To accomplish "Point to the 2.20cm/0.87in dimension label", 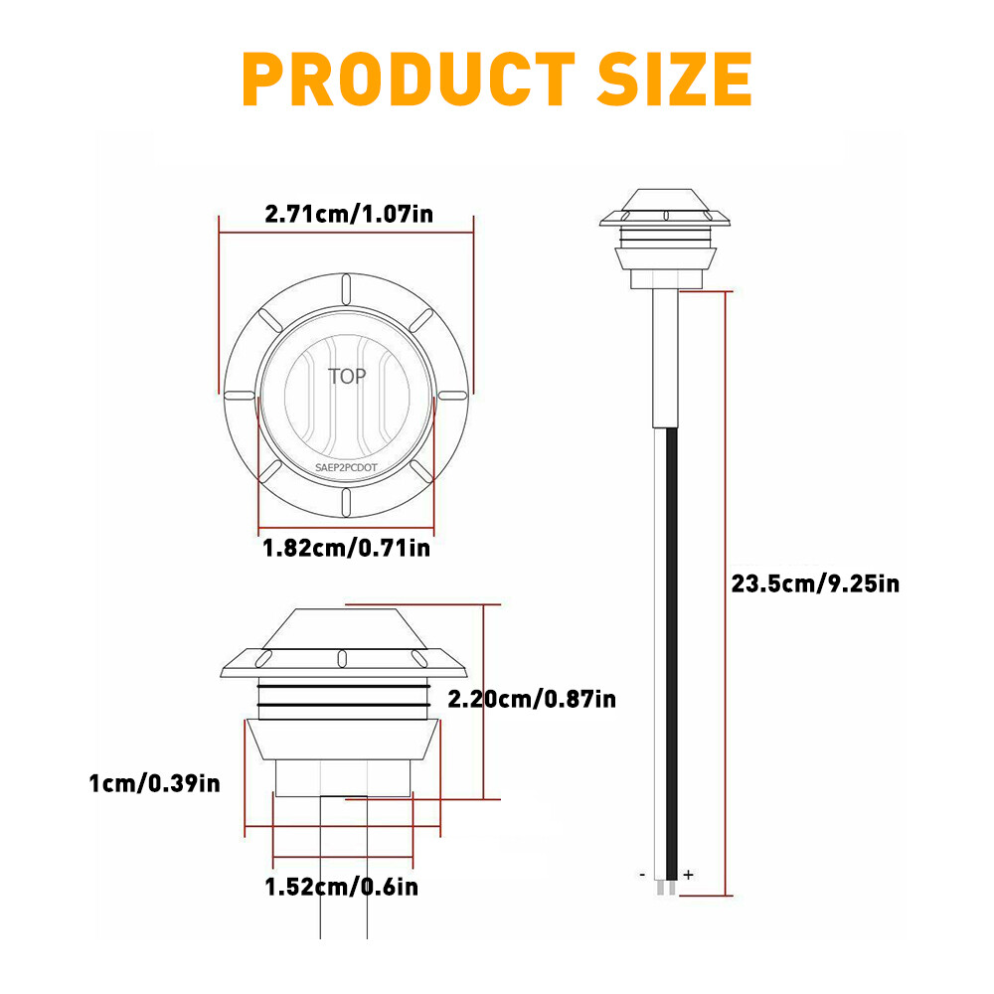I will click(x=532, y=699).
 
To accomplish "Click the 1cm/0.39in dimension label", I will click(x=154, y=783).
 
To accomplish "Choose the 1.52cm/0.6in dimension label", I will click(x=341, y=886).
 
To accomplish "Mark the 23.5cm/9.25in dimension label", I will click(x=815, y=583).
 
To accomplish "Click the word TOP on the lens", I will click(x=347, y=376).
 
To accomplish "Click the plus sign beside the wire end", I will click(x=688, y=875).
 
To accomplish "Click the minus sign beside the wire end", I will click(x=643, y=875).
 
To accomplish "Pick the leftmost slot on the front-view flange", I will click(x=239, y=396).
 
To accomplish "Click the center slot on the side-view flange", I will click(x=341, y=657).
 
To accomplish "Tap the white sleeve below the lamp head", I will click(x=665, y=358).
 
